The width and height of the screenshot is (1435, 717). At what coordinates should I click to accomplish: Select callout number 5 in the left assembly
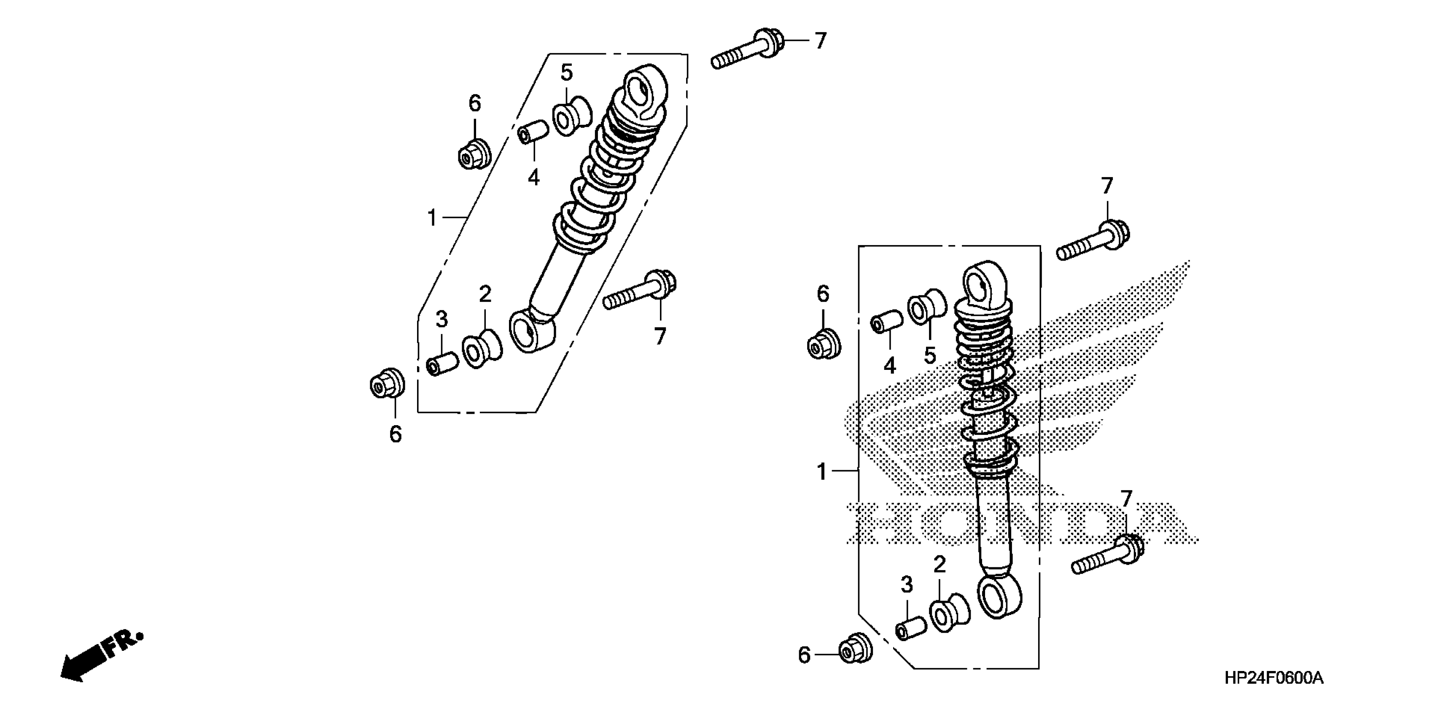(566, 73)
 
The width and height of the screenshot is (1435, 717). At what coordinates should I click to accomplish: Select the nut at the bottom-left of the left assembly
(387, 383)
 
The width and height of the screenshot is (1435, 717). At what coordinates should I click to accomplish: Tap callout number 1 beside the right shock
(822, 472)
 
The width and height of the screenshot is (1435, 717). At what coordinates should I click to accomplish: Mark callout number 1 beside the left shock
(432, 218)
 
